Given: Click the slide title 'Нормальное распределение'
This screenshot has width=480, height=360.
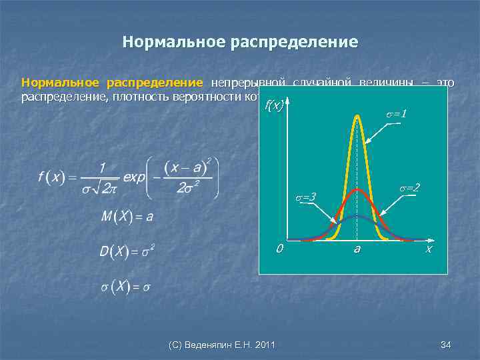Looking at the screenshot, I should pos(240,43).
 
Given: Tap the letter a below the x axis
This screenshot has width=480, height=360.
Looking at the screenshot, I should pos(357,249).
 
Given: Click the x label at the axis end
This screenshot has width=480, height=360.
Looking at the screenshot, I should pos(429,249).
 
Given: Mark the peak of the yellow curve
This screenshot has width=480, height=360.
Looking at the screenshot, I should pos(357,117).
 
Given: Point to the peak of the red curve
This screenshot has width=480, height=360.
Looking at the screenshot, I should pos(357,190).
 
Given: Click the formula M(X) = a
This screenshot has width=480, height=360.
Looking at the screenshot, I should pos(127,217).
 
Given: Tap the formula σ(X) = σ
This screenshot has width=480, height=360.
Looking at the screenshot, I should pos(125,287).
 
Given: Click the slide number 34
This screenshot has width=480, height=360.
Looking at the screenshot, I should pos(446,345).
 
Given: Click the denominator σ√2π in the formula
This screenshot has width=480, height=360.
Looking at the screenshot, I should pos(101,190).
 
